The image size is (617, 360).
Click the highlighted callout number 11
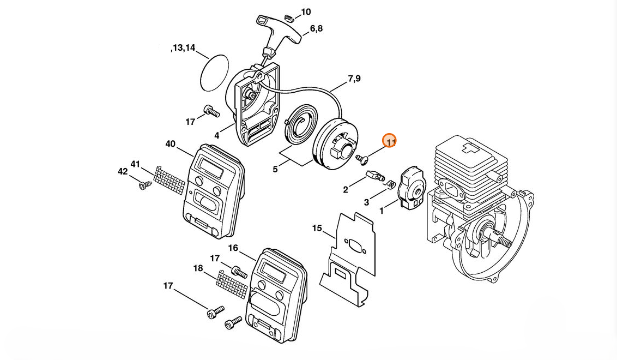(x=390, y=141)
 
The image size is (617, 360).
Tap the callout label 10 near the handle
(x=306, y=11)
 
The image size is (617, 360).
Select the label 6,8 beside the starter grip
(x=316, y=28)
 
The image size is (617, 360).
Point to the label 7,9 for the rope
(x=354, y=79)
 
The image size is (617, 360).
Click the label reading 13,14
(x=183, y=48)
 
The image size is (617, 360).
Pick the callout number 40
(x=170, y=144)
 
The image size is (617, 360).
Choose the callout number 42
(x=123, y=171)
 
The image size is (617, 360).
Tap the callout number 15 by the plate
(x=317, y=228)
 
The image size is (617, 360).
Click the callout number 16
(x=233, y=248)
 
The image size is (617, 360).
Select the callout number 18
(x=198, y=268)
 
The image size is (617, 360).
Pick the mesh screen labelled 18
(x=233, y=283)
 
